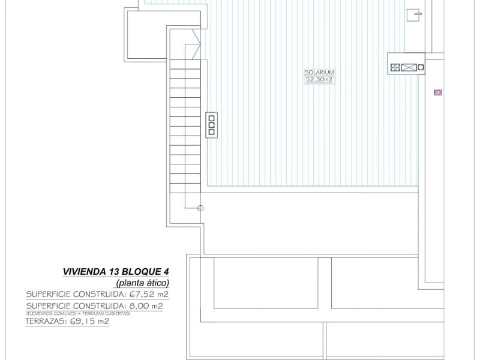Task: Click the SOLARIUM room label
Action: pyautogui.click(x=319, y=72)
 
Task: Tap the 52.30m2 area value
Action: pyautogui.click(x=319, y=79)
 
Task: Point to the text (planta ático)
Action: pyautogui.click(x=143, y=283)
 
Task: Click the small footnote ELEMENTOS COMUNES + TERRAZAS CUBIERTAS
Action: pyautogui.click(x=78, y=313)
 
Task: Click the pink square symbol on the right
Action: pyautogui.click(x=437, y=92)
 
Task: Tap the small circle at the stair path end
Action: pyautogui.click(x=200, y=208)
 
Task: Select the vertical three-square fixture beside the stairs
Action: pyautogui.click(x=211, y=125)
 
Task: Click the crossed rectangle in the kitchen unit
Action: pyautogui.click(x=409, y=68)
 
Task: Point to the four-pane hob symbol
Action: pyautogui.click(x=395, y=68)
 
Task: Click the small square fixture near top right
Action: pyautogui.click(x=414, y=14)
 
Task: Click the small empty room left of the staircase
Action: pyautogui.click(x=144, y=36)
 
